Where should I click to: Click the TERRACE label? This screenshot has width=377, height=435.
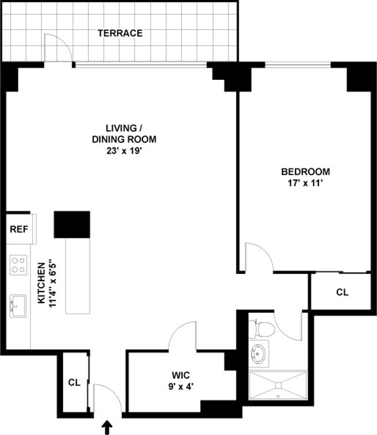click(120, 33)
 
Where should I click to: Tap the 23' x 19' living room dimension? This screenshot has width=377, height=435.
click(124, 151)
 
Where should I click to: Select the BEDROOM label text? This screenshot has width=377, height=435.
click(305, 172)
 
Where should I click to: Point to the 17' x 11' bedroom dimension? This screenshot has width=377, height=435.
click(305, 183)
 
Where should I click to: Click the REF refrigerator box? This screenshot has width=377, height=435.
click(19, 229)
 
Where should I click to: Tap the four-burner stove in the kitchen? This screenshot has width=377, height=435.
click(18, 265)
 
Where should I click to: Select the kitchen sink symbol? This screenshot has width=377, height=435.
click(18, 306)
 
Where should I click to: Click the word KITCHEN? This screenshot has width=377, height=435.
click(41, 283)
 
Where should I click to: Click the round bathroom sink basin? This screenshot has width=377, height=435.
click(259, 353)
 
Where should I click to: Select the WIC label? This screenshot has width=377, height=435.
click(181, 375)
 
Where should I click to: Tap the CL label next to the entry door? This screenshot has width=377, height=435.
click(74, 383)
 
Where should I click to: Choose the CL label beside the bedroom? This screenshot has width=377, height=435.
click(342, 292)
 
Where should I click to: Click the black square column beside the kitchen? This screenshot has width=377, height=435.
click(72, 224)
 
